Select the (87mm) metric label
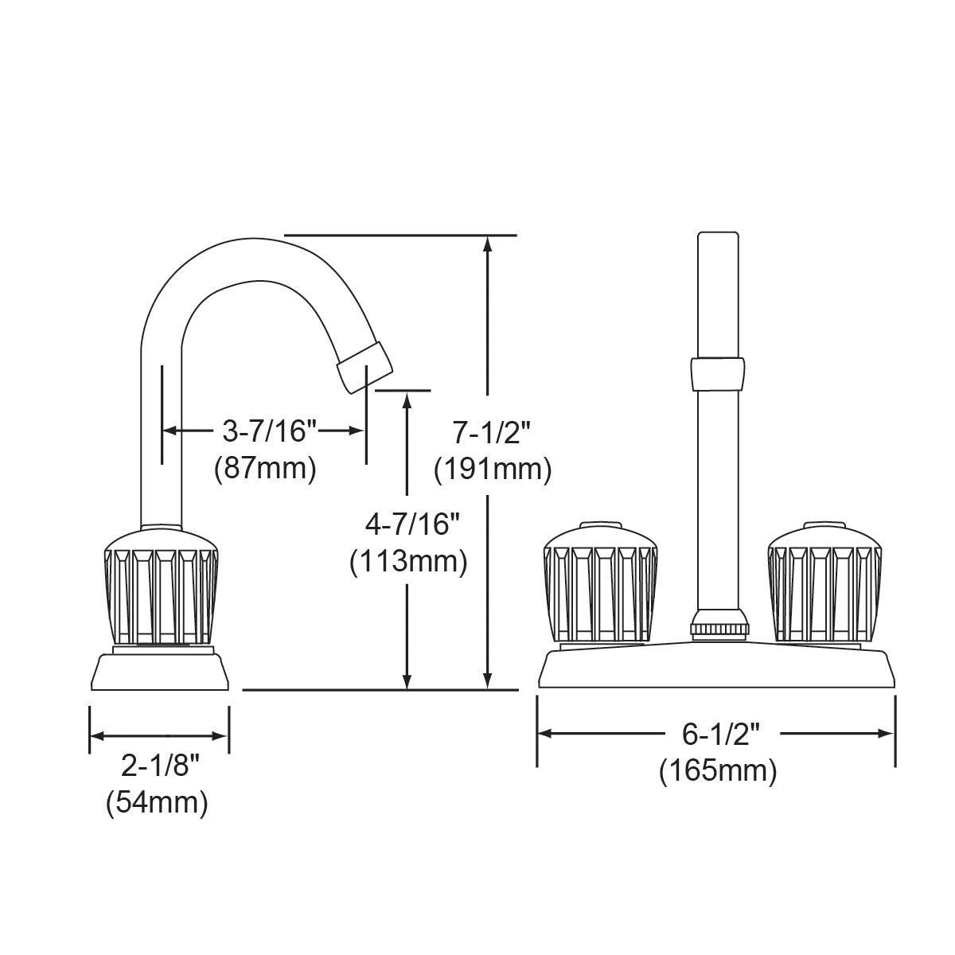[x=265, y=468]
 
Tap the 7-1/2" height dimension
[x=491, y=433]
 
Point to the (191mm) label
[x=492, y=470]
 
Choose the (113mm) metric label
[x=407, y=562]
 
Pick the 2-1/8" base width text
[x=159, y=766]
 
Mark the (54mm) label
[x=157, y=802]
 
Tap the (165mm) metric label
[x=717, y=770]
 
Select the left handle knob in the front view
[x=600, y=582]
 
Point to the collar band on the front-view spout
[x=719, y=374]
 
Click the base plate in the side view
[x=160, y=672]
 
